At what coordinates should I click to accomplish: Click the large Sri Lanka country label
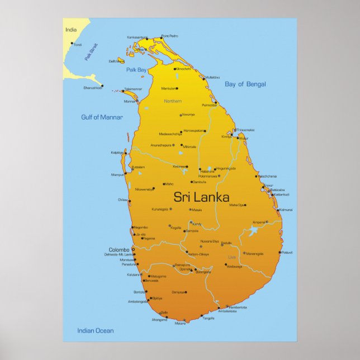[201, 197]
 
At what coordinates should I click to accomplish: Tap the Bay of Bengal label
[245, 84]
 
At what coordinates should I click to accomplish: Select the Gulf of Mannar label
[102, 117]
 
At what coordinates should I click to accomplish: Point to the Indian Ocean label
[95, 331]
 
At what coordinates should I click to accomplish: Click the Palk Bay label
[136, 70]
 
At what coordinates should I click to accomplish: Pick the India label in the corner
[70, 30]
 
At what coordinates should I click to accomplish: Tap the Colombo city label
[119, 250]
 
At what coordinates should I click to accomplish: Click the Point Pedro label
[169, 36]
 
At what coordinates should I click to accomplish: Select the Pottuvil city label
[287, 253]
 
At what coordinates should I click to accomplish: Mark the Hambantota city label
[238, 307]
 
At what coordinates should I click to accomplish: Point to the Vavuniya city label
[188, 115]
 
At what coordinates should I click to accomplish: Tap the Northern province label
[173, 101]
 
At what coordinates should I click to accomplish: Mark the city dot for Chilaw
[130, 199]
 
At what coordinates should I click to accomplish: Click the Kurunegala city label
[160, 209]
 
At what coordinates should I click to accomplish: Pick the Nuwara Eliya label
[210, 240]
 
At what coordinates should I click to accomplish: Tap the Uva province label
[232, 257]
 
